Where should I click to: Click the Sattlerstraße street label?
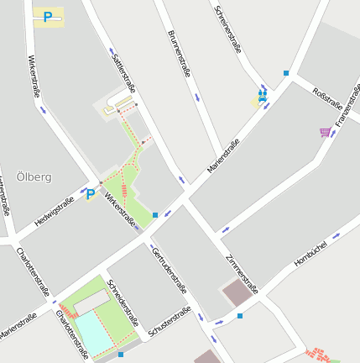(x=123, y=71)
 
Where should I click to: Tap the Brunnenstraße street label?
(x=178, y=54)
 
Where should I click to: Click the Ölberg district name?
(x=34, y=177)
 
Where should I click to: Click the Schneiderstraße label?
(x=123, y=300)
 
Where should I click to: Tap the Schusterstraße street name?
(x=169, y=324)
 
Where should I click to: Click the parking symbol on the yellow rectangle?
(x=48, y=17)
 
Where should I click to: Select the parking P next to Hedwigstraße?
(x=90, y=194)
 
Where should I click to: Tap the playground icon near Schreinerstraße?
(x=263, y=96)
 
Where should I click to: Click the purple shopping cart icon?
(x=325, y=132)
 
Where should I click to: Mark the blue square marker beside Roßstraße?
(x=286, y=74)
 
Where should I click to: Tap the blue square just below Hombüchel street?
(x=240, y=316)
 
